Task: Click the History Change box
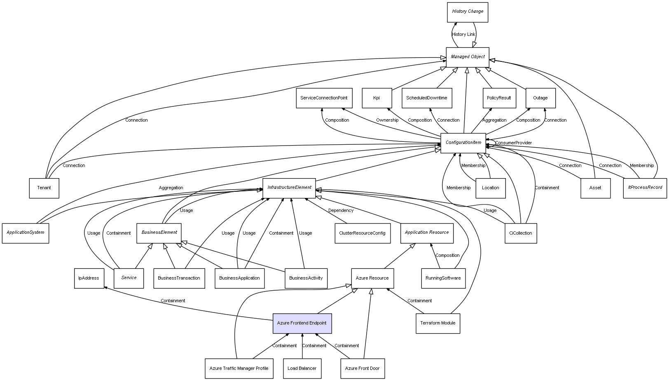pyautogui.click(x=467, y=12)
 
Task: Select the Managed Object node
pyautogui.click(x=467, y=57)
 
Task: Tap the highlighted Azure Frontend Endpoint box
pyautogui.click(x=302, y=323)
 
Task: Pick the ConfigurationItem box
pyautogui.click(x=463, y=143)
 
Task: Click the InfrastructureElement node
pyautogui.click(x=289, y=188)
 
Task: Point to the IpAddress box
pyautogui.click(x=89, y=278)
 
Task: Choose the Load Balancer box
pyautogui.click(x=302, y=368)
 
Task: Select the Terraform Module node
pyautogui.click(x=437, y=323)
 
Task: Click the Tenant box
pyautogui.click(x=44, y=188)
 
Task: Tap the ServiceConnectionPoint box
pyautogui.click(x=324, y=98)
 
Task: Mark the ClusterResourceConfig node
pyautogui.click(x=362, y=233)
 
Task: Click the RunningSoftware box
pyautogui.click(x=443, y=278)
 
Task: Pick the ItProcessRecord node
pyautogui.click(x=645, y=188)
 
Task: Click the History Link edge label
pyautogui.click(x=463, y=35)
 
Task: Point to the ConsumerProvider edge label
pyautogui.click(x=513, y=143)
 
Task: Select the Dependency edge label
pyautogui.click(x=341, y=211)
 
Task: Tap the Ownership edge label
pyautogui.click(x=387, y=120)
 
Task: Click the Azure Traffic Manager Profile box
pyautogui.click(x=239, y=368)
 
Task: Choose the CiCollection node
pyautogui.click(x=520, y=233)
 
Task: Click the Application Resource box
pyautogui.click(x=427, y=233)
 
